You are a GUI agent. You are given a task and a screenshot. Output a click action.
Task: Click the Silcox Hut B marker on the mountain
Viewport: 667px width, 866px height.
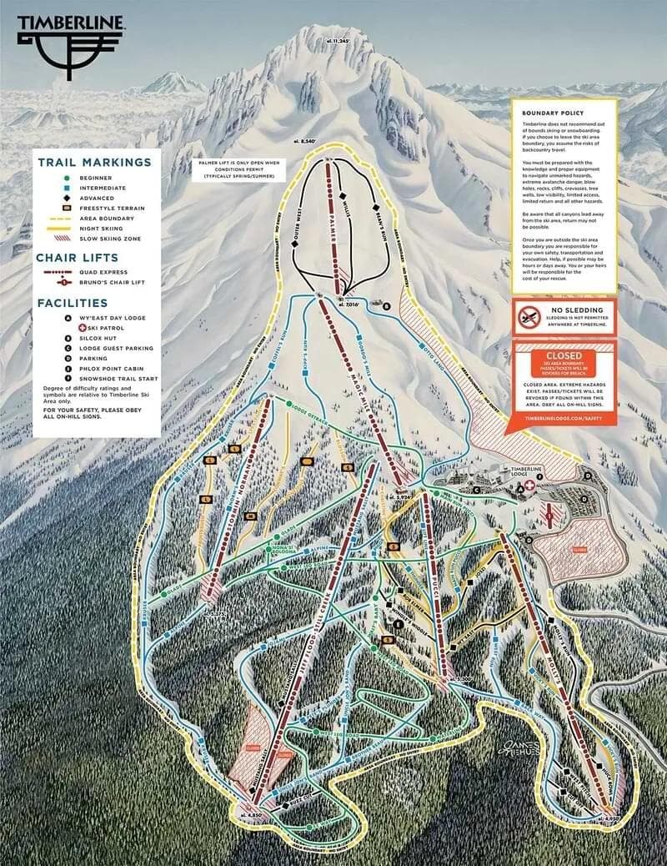click(386, 306)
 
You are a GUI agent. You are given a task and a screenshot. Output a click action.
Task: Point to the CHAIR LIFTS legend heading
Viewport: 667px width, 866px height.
click(77, 258)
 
